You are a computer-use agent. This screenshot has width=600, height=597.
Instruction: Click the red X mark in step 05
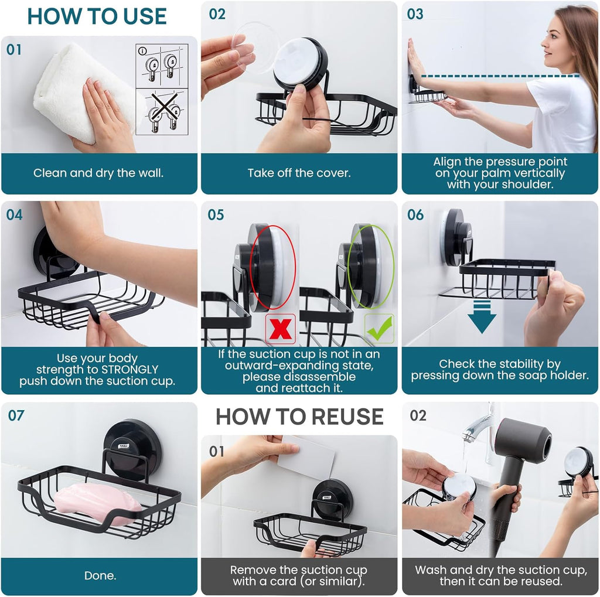click(280, 329)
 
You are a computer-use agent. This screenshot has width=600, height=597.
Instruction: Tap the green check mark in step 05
click(379, 329)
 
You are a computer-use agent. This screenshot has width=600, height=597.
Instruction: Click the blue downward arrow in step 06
click(482, 316)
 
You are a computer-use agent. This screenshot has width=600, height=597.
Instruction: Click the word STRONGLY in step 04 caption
click(129, 370)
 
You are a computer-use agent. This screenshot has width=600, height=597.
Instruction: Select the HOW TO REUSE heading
click(299, 417)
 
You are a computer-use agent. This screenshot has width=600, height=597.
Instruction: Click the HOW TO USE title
click(97, 16)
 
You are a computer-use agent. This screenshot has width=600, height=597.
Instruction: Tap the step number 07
click(16, 415)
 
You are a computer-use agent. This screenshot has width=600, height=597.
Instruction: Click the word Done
click(100, 576)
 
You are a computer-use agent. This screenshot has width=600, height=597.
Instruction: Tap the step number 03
click(415, 14)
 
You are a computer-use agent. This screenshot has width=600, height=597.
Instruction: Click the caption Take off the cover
click(299, 173)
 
